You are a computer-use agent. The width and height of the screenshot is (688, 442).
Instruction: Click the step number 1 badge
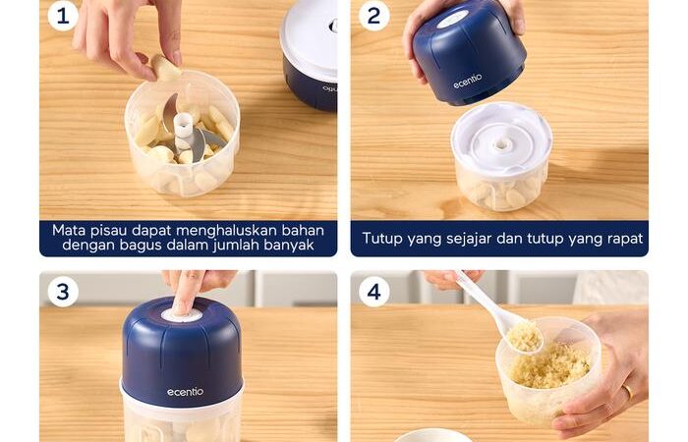tap(63, 17)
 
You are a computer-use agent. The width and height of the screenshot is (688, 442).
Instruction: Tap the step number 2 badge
tap(373, 17)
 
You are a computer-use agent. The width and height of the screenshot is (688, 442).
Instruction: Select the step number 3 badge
tap(63, 291)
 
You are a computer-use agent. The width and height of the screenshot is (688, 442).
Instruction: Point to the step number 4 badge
tap(373, 291)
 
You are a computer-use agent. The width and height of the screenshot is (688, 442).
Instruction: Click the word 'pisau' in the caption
tap(109, 231)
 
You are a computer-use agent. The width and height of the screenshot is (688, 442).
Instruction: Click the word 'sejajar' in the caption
tap(469, 239)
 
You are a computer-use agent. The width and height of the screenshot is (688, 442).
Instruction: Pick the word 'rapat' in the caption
tap(625, 239)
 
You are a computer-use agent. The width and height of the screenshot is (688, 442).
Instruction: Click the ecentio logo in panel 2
tap(467, 82)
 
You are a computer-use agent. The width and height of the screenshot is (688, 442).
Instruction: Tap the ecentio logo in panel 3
tap(185, 392)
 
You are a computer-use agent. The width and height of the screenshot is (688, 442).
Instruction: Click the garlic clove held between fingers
tap(165, 67)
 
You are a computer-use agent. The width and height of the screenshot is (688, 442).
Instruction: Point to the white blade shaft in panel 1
tap(183, 131)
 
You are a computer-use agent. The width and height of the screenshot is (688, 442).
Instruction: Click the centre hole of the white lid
tap(499, 144)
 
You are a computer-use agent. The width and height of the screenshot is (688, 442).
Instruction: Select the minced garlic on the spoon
tap(524, 336)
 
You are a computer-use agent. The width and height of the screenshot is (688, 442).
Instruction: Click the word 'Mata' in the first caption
tap(69, 231)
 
